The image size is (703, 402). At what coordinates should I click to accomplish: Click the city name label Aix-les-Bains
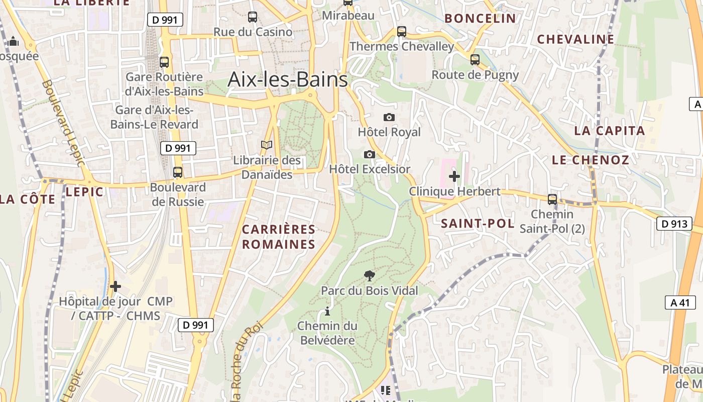[287, 79]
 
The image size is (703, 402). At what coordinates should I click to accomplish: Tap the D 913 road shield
[674, 224]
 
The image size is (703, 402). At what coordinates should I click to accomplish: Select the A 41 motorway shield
[680, 302]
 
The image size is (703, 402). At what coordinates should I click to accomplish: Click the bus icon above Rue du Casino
[253, 17]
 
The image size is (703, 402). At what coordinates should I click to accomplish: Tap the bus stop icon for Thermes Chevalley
[401, 31]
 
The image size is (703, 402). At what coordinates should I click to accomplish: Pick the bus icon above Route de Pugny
[475, 60]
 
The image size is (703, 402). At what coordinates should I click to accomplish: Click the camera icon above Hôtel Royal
[389, 117]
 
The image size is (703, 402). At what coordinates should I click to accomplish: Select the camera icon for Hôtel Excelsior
[370, 154]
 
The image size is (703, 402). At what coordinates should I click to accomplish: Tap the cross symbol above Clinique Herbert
[454, 176]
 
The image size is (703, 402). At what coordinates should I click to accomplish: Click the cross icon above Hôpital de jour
[115, 286]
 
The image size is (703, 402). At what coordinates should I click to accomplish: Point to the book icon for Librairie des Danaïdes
[267, 145]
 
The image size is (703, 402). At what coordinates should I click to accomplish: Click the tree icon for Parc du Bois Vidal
[369, 275]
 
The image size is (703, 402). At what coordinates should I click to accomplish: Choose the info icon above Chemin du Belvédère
[327, 311]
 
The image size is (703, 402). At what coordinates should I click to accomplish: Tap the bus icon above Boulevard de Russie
[178, 172]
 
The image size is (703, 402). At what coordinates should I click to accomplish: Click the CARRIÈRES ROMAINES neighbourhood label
[279, 237]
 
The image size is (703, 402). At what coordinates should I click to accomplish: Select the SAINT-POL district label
[478, 224]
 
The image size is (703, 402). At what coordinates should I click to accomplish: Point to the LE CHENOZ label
[590, 160]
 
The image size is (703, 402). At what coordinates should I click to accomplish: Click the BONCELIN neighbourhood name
[480, 19]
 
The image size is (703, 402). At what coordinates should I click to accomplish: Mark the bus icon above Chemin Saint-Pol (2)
[552, 199]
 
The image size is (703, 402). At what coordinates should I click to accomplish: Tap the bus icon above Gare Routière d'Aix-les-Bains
[164, 62]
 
